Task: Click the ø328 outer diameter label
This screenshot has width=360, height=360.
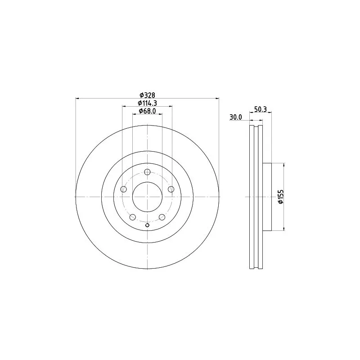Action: point(148,95)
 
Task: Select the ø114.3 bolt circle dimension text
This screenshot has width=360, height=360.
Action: point(148,103)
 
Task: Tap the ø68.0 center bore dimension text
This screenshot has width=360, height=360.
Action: point(148,111)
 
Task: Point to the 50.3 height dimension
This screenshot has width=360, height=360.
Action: point(261,109)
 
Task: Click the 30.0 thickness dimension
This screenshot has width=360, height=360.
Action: point(236,117)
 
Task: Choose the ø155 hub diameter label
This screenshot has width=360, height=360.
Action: point(281,197)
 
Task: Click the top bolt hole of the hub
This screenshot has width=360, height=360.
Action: point(148,172)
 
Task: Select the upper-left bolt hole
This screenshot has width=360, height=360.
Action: point(124,189)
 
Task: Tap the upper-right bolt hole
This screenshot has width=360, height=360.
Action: point(171,189)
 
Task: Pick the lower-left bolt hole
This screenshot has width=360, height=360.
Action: point(133,217)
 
